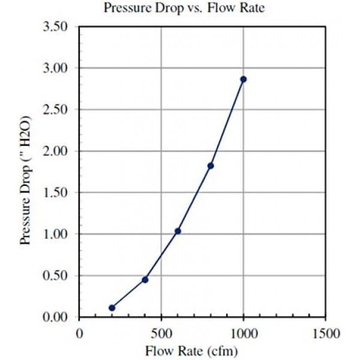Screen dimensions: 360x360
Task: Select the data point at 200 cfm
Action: click(x=112, y=308)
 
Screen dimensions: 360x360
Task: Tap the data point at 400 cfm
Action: click(x=145, y=280)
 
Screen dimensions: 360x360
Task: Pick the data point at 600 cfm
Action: click(x=178, y=231)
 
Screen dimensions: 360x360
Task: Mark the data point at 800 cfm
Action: click(x=211, y=166)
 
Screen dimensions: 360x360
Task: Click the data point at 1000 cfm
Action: click(x=243, y=79)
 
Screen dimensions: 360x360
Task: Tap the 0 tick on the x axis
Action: click(x=79, y=332)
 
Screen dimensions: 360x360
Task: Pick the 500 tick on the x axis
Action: click(x=161, y=332)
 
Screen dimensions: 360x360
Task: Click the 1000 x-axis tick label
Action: click(x=244, y=332)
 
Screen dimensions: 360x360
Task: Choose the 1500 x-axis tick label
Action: click(x=326, y=332)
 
